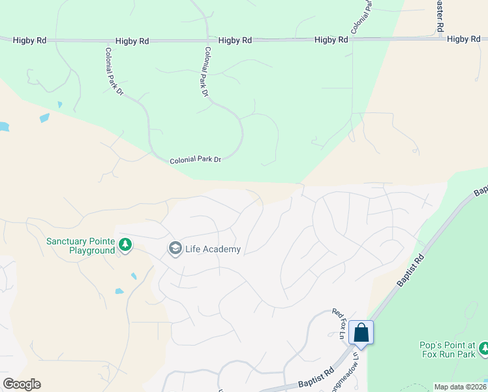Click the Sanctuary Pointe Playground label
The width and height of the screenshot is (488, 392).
click(x=80, y=246)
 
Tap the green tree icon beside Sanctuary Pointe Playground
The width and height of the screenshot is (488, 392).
click(x=125, y=246)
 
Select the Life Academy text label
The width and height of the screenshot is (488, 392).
click(x=213, y=249)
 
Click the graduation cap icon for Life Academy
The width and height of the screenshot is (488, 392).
click(x=175, y=249)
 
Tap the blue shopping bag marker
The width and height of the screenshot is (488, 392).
click(x=361, y=333)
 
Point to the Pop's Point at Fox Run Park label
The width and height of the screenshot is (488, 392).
click(x=446, y=350)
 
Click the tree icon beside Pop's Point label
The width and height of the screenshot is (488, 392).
click(x=483, y=349)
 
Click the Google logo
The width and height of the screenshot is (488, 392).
click(x=22, y=384)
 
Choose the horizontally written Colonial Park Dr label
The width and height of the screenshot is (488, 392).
click(x=196, y=159)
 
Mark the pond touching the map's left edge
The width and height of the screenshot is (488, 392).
click(x=3, y=127)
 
